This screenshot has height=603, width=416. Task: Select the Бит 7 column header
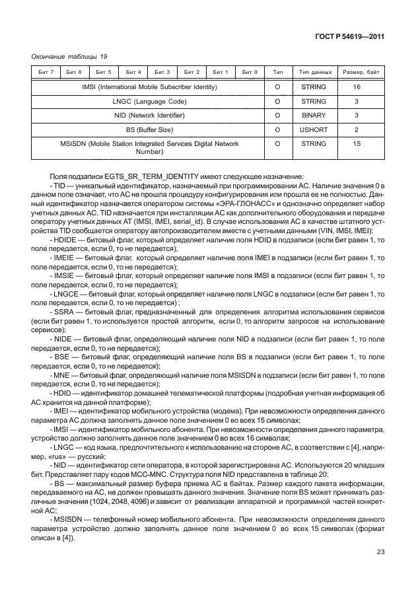click(x=46, y=71)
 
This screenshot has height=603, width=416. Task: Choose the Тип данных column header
click(x=313, y=71)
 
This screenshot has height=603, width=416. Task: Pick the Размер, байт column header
click(x=357, y=71)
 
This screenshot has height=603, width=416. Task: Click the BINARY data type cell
click(x=313, y=116)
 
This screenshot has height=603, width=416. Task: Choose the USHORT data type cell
click(x=313, y=131)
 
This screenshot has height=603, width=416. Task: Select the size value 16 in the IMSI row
click(x=357, y=87)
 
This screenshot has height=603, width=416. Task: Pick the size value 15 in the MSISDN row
click(x=357, y=143)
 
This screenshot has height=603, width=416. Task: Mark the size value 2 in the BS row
click(x=357, y=131)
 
